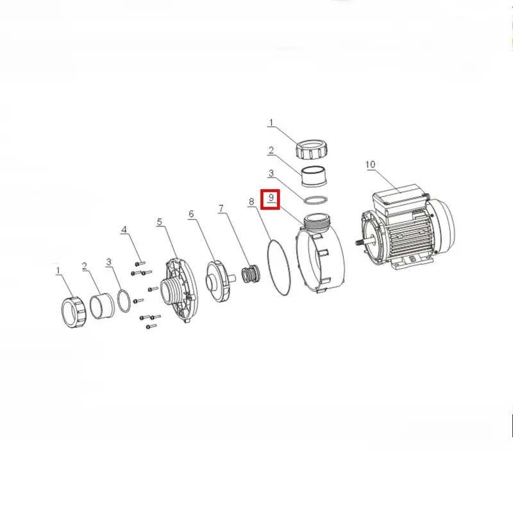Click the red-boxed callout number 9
click(271, 198)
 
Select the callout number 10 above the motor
click(370, 165)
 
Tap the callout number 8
click(251, 201)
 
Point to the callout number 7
click(221, 208)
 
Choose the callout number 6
click(191, 214)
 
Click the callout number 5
click(159, 222)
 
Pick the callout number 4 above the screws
click(124, 230)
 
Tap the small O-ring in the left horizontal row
click(124, 301)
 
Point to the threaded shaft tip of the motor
click(360, 242)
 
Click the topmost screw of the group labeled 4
click(140, 264)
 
